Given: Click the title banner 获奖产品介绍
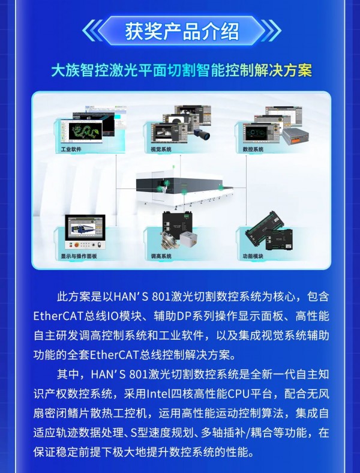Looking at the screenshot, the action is point(182,31).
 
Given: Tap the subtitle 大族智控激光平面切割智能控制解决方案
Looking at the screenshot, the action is point(182,70).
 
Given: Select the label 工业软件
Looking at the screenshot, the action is point(71,149).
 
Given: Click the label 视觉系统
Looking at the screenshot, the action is point(161,149).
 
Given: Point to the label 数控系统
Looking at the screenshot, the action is point(253,149).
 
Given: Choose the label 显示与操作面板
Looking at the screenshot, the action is point(79,256).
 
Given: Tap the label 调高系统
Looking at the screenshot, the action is point(161,256).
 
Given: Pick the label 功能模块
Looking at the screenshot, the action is point(253,256).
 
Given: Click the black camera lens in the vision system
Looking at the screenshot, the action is point(202,134).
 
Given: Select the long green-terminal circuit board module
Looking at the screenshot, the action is point(265,227).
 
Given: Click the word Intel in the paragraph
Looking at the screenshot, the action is point(158,394).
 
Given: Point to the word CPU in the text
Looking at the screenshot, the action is point(237,394).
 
